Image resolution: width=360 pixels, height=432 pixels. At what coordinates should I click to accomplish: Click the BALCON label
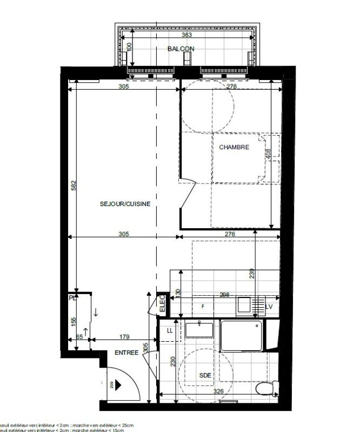click(x=181, y=49)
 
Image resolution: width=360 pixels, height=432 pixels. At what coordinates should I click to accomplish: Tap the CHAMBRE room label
click(x=234, y=147)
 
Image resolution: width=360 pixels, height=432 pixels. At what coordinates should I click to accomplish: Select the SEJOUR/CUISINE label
click(x=125, y=204)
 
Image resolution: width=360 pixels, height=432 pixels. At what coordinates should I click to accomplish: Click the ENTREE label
click(x=126, y=353)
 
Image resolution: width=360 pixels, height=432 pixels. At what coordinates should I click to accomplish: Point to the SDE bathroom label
click(x=205, y=376)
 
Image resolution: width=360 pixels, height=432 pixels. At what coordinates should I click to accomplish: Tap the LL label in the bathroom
click(x=170, y=330)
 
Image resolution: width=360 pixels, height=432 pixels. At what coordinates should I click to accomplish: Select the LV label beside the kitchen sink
click(x=269, y=306)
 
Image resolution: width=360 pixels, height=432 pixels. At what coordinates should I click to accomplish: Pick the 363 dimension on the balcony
click(x=187, y=35)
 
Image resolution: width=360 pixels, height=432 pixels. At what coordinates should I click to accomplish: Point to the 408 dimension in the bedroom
click(x=266, y=153)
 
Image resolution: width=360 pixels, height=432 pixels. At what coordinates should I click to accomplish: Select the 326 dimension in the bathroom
click(x=218, y=391)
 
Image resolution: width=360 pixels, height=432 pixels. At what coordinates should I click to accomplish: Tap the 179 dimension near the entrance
click(x=125, y=337)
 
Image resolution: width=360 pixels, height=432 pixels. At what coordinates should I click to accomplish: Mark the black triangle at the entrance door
click(x=118, y=383)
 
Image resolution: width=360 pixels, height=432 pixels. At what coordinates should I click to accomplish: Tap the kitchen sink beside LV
click(x=245, y=305)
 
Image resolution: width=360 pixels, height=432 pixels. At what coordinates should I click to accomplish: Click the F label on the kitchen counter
click(x=203, y=307)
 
